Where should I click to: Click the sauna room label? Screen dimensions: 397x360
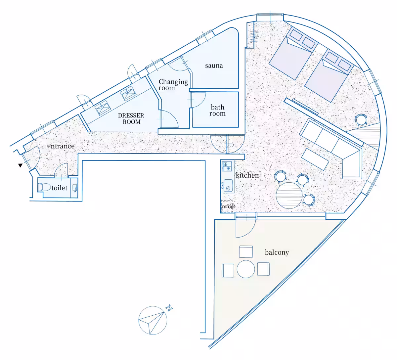[214, 65]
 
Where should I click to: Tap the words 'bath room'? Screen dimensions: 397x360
[217, 110]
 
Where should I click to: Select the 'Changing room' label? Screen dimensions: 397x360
[173, 85]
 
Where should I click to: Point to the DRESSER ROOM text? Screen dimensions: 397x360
[131, 118]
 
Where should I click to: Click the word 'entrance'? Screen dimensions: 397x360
[61, 146]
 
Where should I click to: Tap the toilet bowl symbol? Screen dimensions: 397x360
[44, 187]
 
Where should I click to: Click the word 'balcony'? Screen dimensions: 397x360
[277, 252]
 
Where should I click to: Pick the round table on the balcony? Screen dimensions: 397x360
[246, 269]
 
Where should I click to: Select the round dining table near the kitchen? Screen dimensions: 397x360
[289, 196]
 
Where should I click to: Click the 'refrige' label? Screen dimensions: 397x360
[229, 206]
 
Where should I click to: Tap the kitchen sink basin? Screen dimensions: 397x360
[228, 186]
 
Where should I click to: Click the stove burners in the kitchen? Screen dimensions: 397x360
[227, 166]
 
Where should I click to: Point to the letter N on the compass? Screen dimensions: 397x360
[169, 308]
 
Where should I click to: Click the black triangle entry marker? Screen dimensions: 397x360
[20, 165]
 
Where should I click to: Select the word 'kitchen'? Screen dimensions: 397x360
[247, 175]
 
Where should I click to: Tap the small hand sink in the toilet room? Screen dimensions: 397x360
[75, 188]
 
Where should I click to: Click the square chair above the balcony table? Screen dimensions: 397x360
[246, 252]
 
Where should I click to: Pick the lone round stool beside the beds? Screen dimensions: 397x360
[361, 119]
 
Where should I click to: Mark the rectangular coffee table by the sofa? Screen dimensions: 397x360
[315, 159]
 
